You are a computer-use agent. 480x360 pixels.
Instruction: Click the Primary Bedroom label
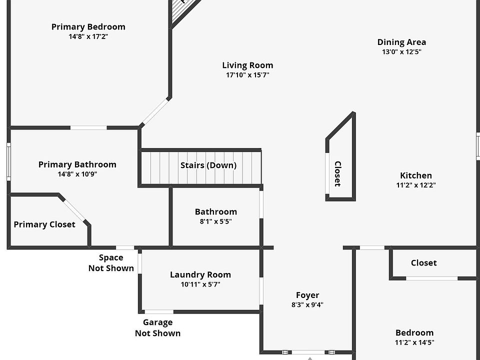click(x=88, y=27)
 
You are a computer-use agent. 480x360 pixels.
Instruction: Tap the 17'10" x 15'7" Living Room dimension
click(x=247, y=75)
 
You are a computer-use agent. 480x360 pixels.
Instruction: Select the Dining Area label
click(x=401, y=42)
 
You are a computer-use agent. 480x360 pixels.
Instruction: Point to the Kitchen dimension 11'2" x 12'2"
click(x=416, y=185)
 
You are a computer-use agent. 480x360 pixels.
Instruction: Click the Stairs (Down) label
click(x=208, y=165)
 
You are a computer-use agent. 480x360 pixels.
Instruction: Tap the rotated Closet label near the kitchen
click(x=337, y=174)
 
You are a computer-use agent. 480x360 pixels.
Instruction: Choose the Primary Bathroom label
click(x=77, y=164)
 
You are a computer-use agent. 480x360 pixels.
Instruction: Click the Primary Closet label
click(x=44, y=224)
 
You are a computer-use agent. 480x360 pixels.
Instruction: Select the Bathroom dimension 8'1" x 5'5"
click(x=216, y=221)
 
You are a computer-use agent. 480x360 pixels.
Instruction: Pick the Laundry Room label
click(x=200, y=275)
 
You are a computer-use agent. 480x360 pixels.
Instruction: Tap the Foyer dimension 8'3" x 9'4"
click(x=307, y=304)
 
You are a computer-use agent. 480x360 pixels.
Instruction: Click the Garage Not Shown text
click(x=157, y=328)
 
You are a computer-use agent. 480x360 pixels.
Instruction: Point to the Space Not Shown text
click(x=111, y=263)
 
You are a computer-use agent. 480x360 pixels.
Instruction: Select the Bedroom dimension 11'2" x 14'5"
click(x=414, y=342)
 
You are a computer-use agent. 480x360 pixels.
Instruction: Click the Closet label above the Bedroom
click(x=423, y=263)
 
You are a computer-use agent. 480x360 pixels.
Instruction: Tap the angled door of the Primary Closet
click(x=74, y=210)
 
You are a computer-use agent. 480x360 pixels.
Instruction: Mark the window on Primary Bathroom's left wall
click(x=9, y=161)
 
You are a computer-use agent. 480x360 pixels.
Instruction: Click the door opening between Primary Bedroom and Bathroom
click(x=89, y=127)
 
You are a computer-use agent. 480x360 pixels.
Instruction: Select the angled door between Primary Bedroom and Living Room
click(x=155, y=112)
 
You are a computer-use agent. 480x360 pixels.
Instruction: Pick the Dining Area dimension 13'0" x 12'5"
click(x=401, y=51)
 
